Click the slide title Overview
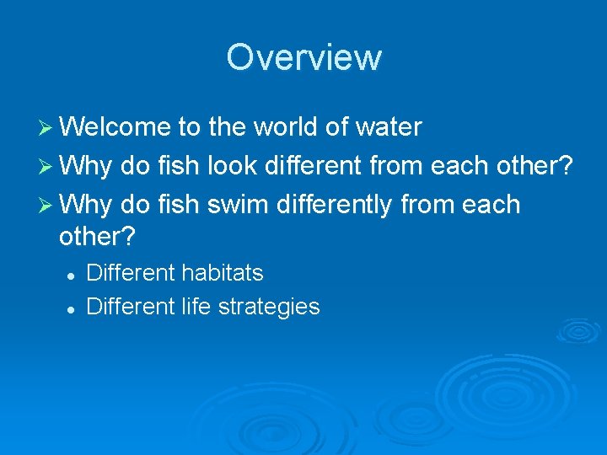[x=303, y=57]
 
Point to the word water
[x=389, y=127]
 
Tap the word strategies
[x=269, y=307]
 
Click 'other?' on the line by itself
[x=97, y=237]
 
